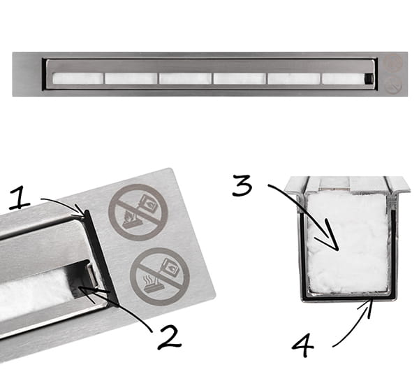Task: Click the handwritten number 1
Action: click(x=20, y=198)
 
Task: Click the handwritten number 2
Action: click(x=169, y=337)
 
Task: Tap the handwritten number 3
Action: click(x=242, y=185)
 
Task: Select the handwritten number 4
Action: click(x=302, y=345)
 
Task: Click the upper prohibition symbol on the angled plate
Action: click(x=138, y=213)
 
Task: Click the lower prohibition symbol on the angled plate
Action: click(x=160, y=277)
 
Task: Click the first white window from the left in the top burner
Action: click(x=78, y=78)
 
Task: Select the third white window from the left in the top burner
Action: click(x=185, y=78)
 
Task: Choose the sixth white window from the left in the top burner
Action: click(x=344, y=78)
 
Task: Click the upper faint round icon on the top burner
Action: click(x=393, y=63)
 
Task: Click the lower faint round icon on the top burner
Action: click(x=393, y=85)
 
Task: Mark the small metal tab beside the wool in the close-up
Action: click(x=91, y=274)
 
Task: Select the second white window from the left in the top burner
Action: click(x=131, y=78)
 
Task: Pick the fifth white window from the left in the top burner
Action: click(x=294, y=78)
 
